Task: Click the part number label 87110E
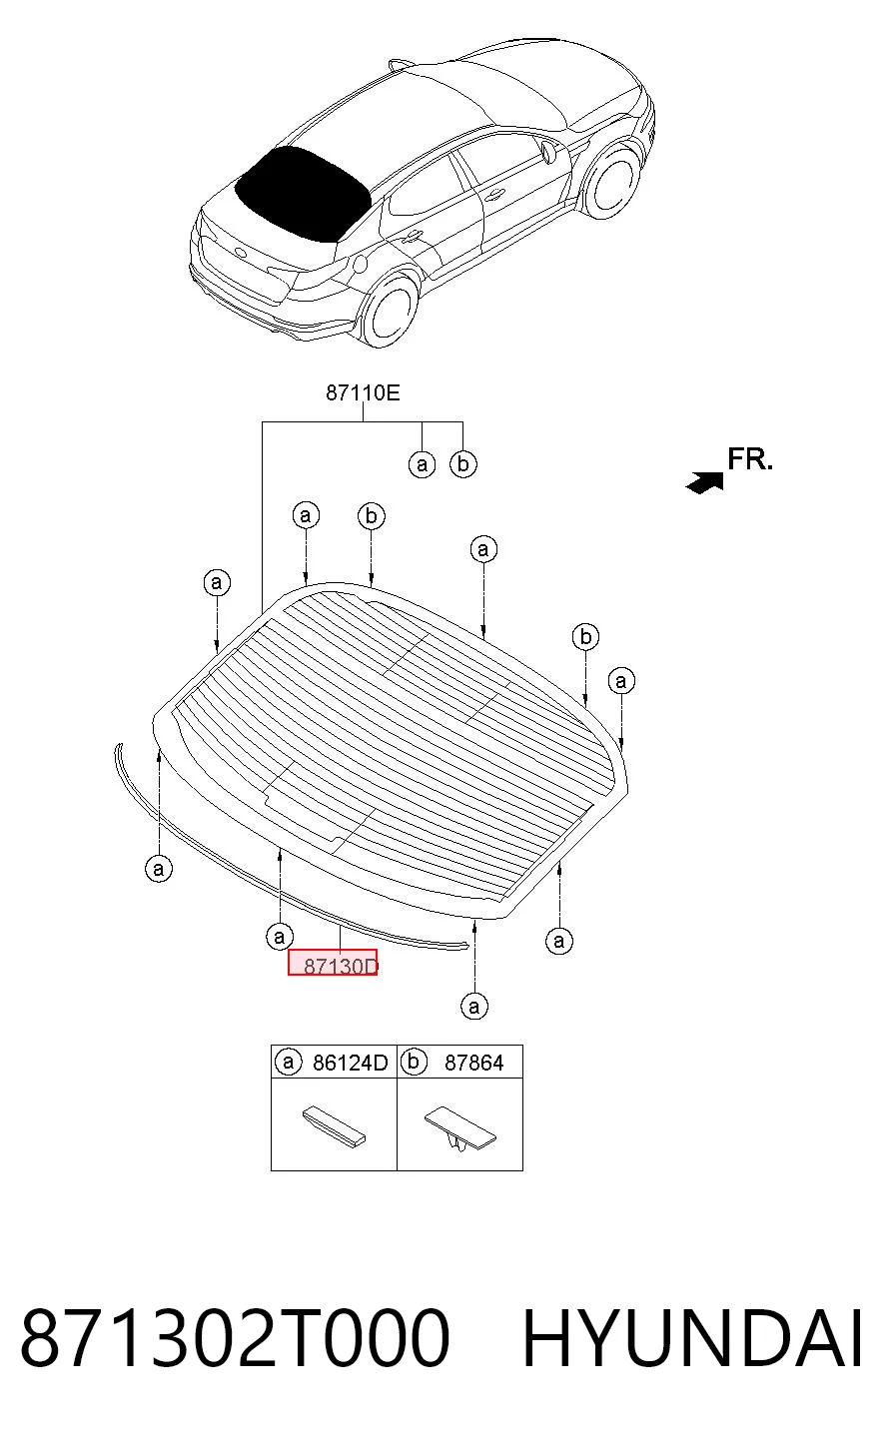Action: coord(363,392)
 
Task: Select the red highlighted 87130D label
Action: coord(333,963)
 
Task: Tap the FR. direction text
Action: coord(749,459)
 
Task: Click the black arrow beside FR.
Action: coord(705,482)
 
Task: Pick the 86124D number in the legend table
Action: coord(350,1063)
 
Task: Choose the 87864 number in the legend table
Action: coord(473,1063)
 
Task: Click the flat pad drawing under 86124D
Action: coord(334,1124)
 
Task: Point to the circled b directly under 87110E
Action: coord(463,463)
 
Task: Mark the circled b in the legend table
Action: coord(414,1063)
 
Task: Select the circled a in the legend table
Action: coord(289,1063)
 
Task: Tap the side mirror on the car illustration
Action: coord(548,152)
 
